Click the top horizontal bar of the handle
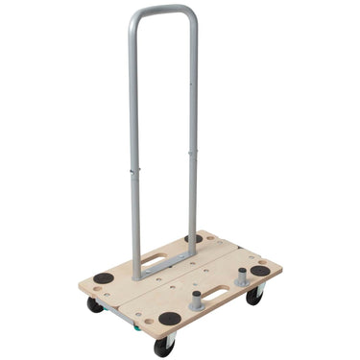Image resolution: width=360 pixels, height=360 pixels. coord(164,12)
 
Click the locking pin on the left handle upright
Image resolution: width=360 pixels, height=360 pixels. coord(135,171)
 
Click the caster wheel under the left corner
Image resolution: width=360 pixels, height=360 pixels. coord(96,304)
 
